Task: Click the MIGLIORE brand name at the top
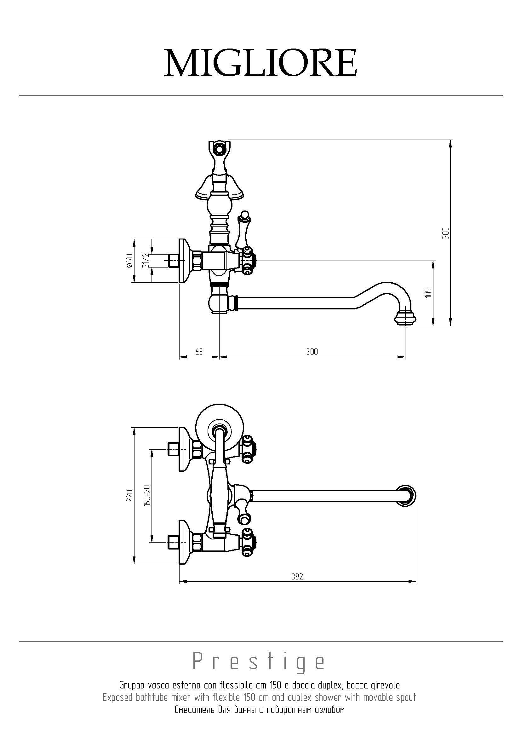click(x=260, y=63)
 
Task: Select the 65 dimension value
click(x=199, y=352)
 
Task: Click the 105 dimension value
click(x=429, y=293)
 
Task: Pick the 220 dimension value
click(x=129, y=496)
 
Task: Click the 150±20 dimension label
click(x=147, y=496)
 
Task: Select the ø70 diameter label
click(x=129, y=260)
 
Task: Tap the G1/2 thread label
click(x=146, y=260)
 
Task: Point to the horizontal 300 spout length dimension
click(x=312, y=352)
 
